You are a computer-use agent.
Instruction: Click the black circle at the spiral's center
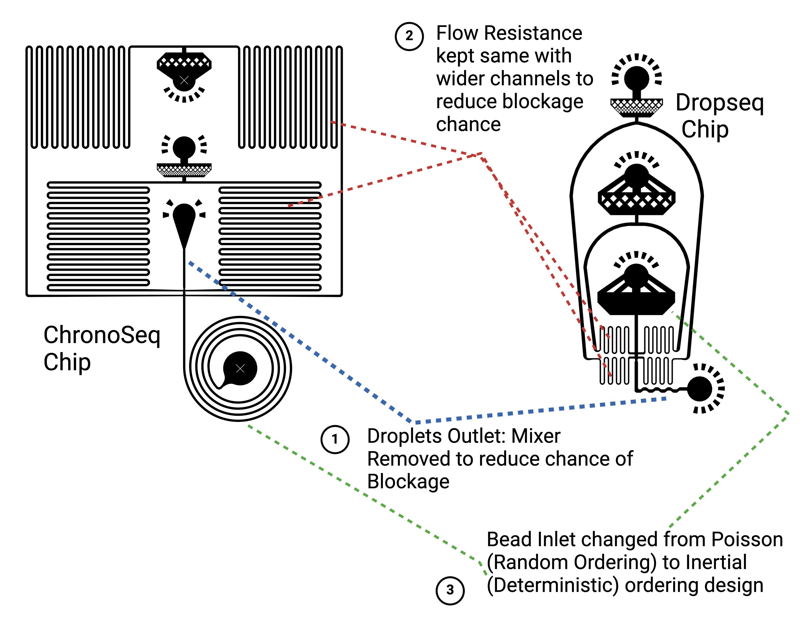(x=240, y=368)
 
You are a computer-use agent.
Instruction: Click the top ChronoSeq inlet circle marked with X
(x=184, y=80)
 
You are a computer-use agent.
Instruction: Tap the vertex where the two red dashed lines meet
(x=481, y=154)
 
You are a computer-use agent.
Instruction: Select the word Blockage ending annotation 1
(x=408, y=482)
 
